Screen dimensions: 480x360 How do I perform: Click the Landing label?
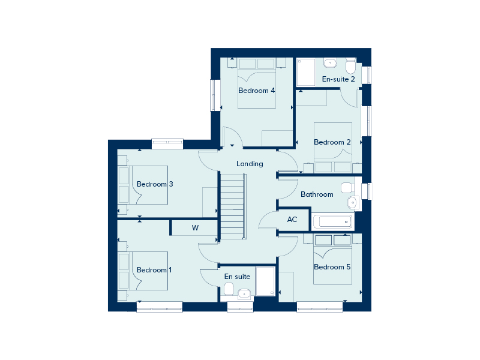(x=250, y=164)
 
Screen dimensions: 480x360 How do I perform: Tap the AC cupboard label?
(x=292, y=219)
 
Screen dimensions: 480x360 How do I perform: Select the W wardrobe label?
(x=196, y=228)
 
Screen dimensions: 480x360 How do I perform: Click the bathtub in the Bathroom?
(x=333, y=221)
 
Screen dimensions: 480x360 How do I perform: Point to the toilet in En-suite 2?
(x=351, y=65)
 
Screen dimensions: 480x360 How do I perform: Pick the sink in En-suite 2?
(x=330, y=63)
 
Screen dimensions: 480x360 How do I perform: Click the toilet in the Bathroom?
(x=348, y=188)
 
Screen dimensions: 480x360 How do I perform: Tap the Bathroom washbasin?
(x=353, y=202)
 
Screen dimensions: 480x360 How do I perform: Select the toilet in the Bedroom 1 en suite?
(x=229, y=289)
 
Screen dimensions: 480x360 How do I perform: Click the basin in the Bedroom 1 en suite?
(x=245, y=294)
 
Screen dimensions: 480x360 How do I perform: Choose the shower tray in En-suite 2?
(x=306, y=72)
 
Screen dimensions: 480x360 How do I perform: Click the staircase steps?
(x=233, y=206)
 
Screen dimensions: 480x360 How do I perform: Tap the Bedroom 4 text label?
(x=257, y=91)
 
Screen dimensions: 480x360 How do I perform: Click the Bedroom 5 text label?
(x=332, y=267)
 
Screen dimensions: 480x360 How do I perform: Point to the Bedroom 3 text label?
(x=155, y=184)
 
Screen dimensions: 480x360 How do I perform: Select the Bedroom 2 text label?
(x=332, y=142)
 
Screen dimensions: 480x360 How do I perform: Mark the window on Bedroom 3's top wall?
(x=167, y=144)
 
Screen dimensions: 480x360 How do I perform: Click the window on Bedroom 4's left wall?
(x=215, y=95)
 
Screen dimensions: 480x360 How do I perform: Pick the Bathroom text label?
(x=317, y=194)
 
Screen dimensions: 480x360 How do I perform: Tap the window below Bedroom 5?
(x=320, y=307)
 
